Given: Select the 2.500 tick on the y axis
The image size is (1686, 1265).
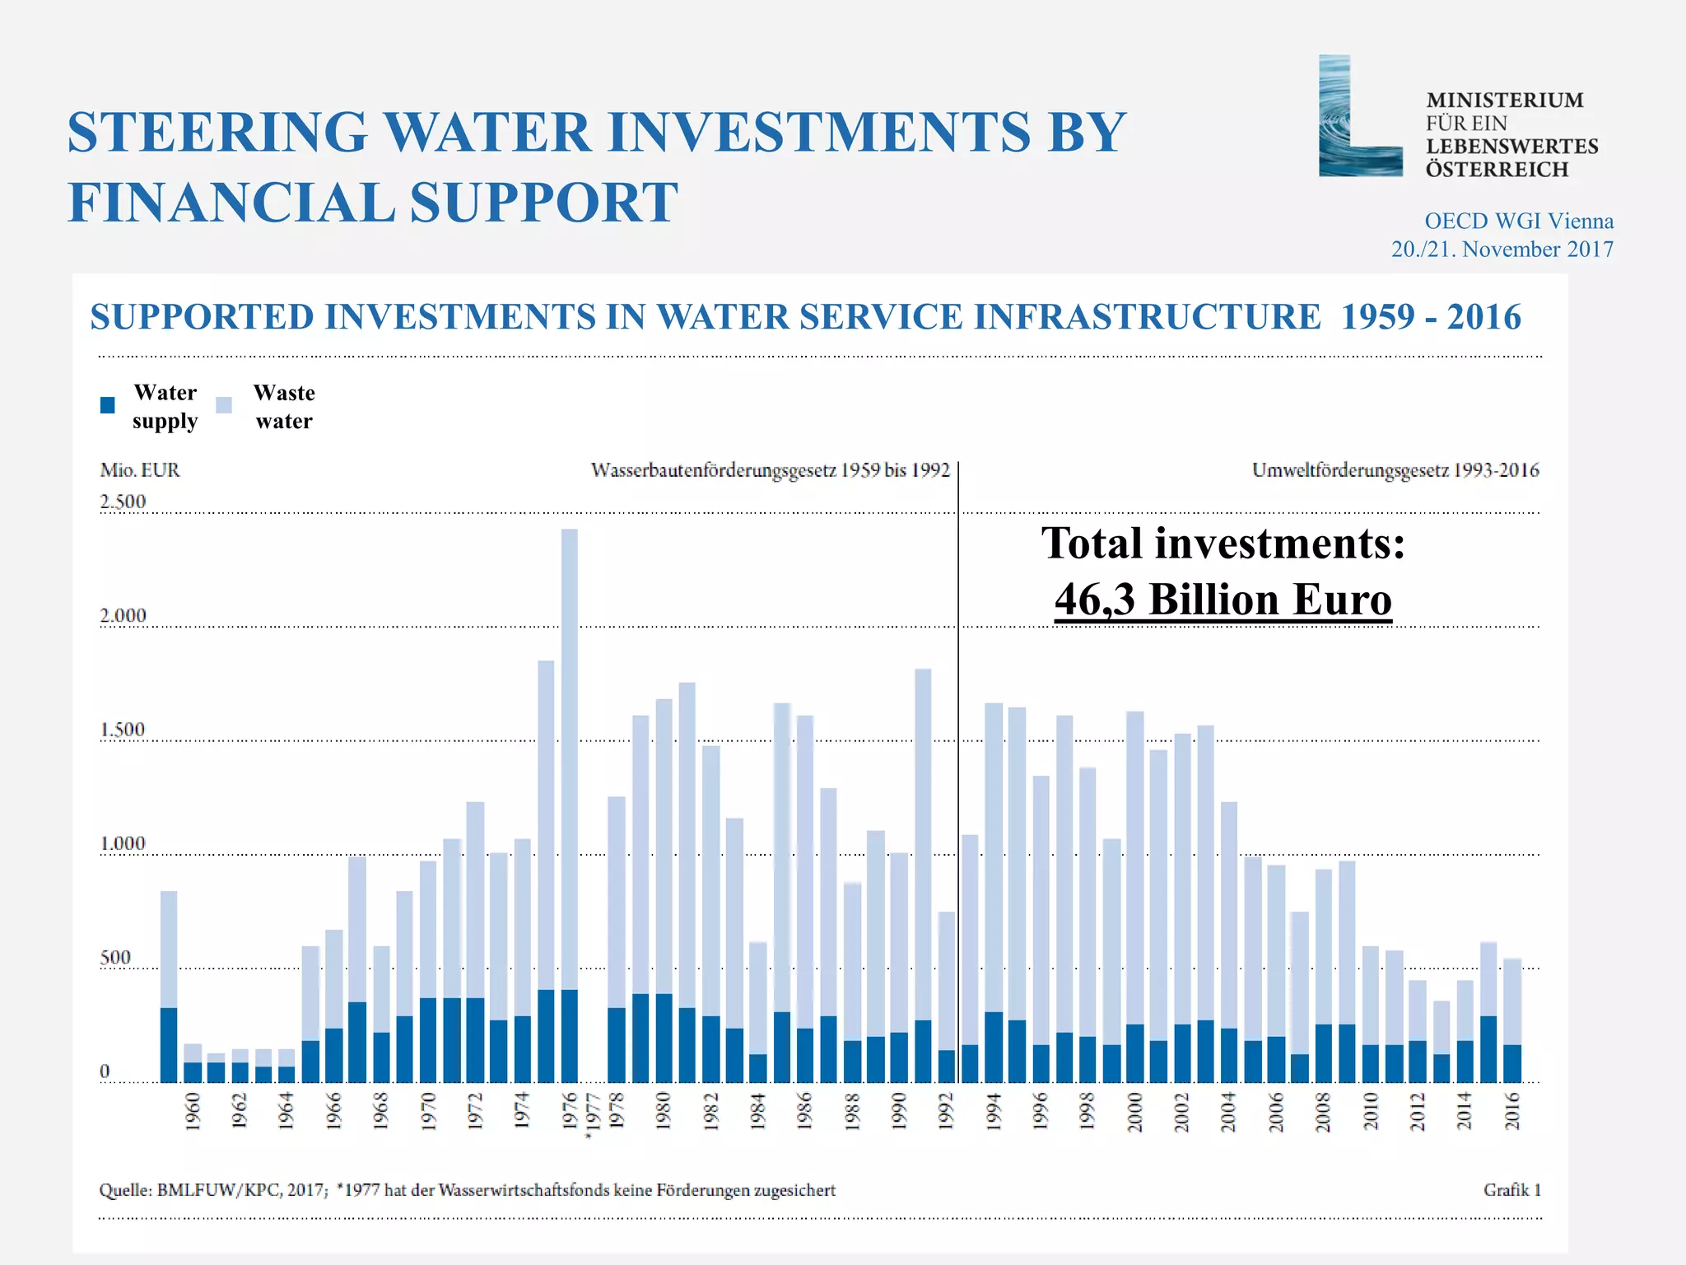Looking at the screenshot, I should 123,502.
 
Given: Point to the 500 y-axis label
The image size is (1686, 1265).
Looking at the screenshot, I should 115,957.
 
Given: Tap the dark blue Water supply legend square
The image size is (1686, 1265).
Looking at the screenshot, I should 108,405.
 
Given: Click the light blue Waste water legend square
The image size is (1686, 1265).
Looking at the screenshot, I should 224,405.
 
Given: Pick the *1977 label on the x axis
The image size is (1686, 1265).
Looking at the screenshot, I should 592,1117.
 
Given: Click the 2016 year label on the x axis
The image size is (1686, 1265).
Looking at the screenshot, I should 1512,1112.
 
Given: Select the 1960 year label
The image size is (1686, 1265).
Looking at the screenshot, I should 193,1112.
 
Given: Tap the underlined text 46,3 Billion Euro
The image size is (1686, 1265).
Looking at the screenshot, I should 1223,600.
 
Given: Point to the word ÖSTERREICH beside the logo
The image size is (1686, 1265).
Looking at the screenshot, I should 1497,170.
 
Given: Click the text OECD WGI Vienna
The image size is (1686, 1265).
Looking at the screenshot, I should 1518,221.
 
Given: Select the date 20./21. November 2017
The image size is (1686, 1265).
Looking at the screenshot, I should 1502,249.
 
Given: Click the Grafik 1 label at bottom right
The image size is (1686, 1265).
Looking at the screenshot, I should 1511,1190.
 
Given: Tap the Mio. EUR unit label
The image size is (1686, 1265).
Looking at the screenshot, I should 139,470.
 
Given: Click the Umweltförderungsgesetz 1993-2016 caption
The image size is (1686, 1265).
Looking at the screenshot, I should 1395,470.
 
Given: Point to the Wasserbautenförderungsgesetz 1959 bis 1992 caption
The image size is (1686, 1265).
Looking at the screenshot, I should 770,470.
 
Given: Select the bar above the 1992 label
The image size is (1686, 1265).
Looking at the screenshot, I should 946,997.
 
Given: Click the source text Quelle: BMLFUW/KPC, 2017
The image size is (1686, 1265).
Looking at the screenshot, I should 212,1190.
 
